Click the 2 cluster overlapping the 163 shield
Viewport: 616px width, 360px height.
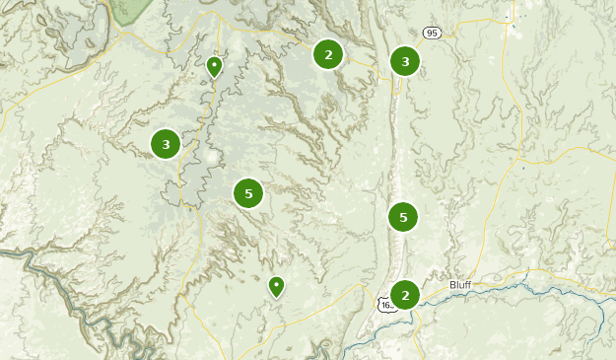(x=405, y=295)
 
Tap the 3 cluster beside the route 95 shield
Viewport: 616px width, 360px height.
(x=405, y=62)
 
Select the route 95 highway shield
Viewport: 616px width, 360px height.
(x=431, y=34)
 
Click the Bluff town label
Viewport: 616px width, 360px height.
(x=461, y=284)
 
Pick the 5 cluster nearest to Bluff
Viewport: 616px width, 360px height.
(x=403, y=216)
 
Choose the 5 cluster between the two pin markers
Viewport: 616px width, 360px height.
(x=248, y=193)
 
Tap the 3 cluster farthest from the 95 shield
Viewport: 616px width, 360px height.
(x=166, y=145)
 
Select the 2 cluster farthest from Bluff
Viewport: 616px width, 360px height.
(x=328, y=54)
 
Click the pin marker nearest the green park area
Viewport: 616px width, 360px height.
(x=214, y=67)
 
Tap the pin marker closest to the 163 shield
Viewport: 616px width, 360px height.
(x=277, y=287)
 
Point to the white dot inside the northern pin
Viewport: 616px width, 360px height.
(x=214, y=65)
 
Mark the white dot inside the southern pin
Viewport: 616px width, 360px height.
(x=277, y=285)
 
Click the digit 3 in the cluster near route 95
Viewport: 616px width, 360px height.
(x=405, y=62)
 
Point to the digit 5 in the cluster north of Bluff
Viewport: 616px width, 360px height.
(x=403, y=216)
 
